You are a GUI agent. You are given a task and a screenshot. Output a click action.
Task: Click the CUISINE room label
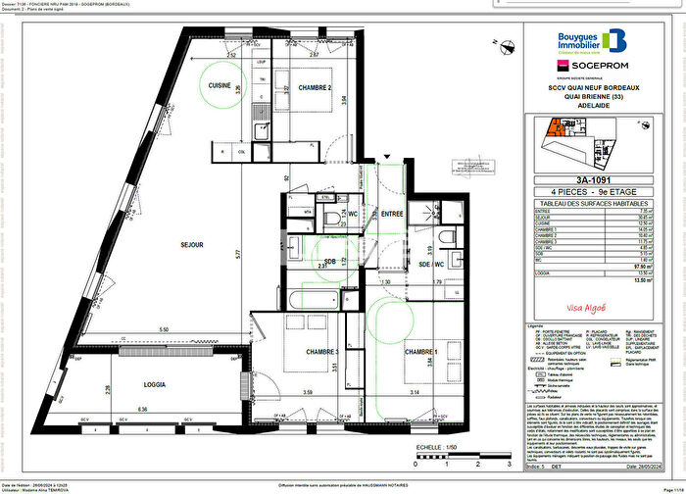coord(219,86)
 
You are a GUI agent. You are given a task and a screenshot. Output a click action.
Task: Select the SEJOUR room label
coord(191,245)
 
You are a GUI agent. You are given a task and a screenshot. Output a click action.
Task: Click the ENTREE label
coord(393,213)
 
